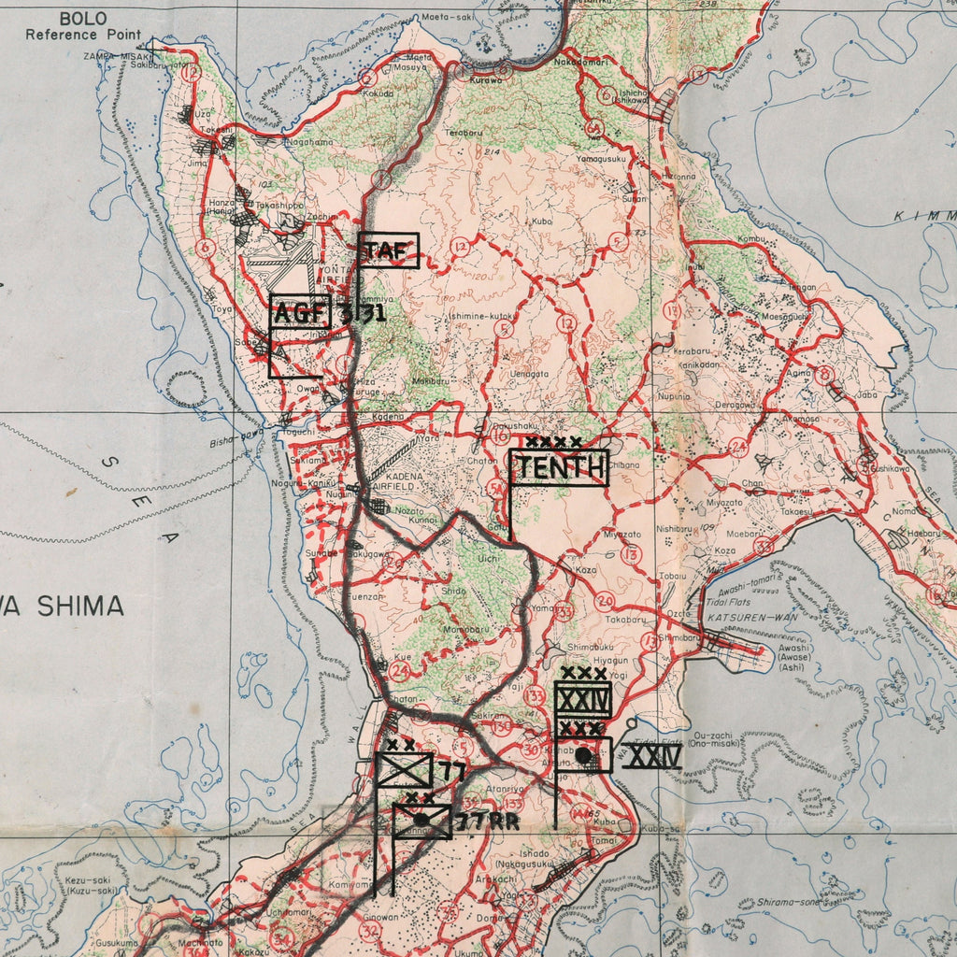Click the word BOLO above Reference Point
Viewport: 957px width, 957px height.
[x=83, y=19]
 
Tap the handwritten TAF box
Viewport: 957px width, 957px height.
[x=388, y=250]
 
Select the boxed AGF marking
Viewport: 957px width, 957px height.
[x=300, y=312]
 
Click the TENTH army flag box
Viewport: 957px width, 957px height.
[x=559, y=468]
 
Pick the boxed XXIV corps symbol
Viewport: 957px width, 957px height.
[x=582, y=699]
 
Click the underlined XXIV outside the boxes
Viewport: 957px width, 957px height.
[x=653, y=756]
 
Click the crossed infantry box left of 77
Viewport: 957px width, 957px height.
[x=404, y=770]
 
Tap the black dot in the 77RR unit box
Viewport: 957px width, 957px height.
[x=421, y=820]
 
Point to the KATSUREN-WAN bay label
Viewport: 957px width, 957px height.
[x=744, y=618]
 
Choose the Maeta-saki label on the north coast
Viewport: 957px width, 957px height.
[x=447, y=17]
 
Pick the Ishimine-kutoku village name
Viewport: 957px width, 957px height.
[x=480, y=317]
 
